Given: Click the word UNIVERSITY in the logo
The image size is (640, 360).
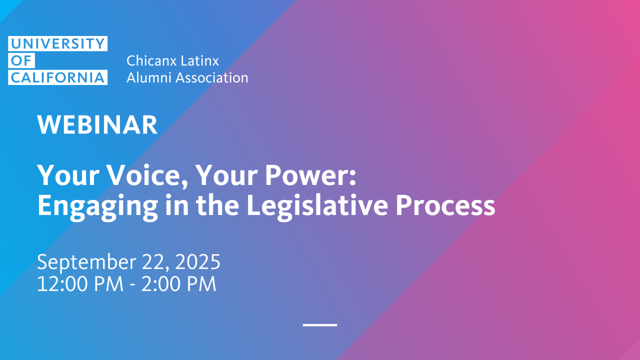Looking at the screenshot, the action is point(57,43).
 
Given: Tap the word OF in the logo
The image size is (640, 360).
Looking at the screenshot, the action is point(21,60).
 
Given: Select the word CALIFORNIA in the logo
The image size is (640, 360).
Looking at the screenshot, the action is point(57,77).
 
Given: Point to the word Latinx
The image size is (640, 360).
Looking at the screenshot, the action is point(199,60).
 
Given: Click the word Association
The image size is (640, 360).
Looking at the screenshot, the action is point(212,77).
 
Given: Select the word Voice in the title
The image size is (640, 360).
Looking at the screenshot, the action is point(148,175).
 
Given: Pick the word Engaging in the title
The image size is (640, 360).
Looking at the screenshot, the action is point(97,206).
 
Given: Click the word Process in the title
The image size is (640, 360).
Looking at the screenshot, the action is point(445,205).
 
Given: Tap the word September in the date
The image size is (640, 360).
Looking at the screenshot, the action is point(86,262).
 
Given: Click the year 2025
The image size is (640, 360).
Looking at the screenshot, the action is point(197,261).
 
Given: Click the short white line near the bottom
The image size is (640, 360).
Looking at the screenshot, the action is point(320,325).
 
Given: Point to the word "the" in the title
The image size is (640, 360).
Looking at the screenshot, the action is point(217,205).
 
